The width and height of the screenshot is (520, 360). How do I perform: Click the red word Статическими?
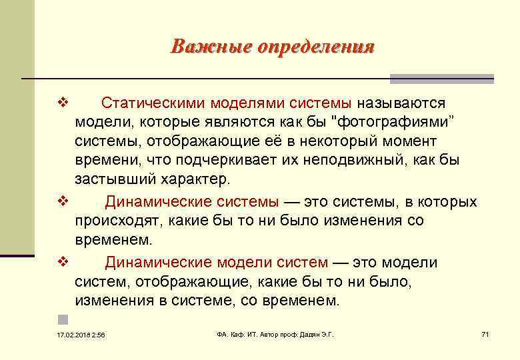(153, 103)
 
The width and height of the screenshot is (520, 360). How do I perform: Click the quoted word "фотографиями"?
(390, 123)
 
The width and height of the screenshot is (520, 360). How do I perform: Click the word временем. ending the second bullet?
(114, 239)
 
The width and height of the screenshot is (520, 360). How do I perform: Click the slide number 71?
(485, 333)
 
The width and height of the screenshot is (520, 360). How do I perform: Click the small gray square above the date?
(62, 319)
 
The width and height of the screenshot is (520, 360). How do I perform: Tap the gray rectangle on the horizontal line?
(442, 79)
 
